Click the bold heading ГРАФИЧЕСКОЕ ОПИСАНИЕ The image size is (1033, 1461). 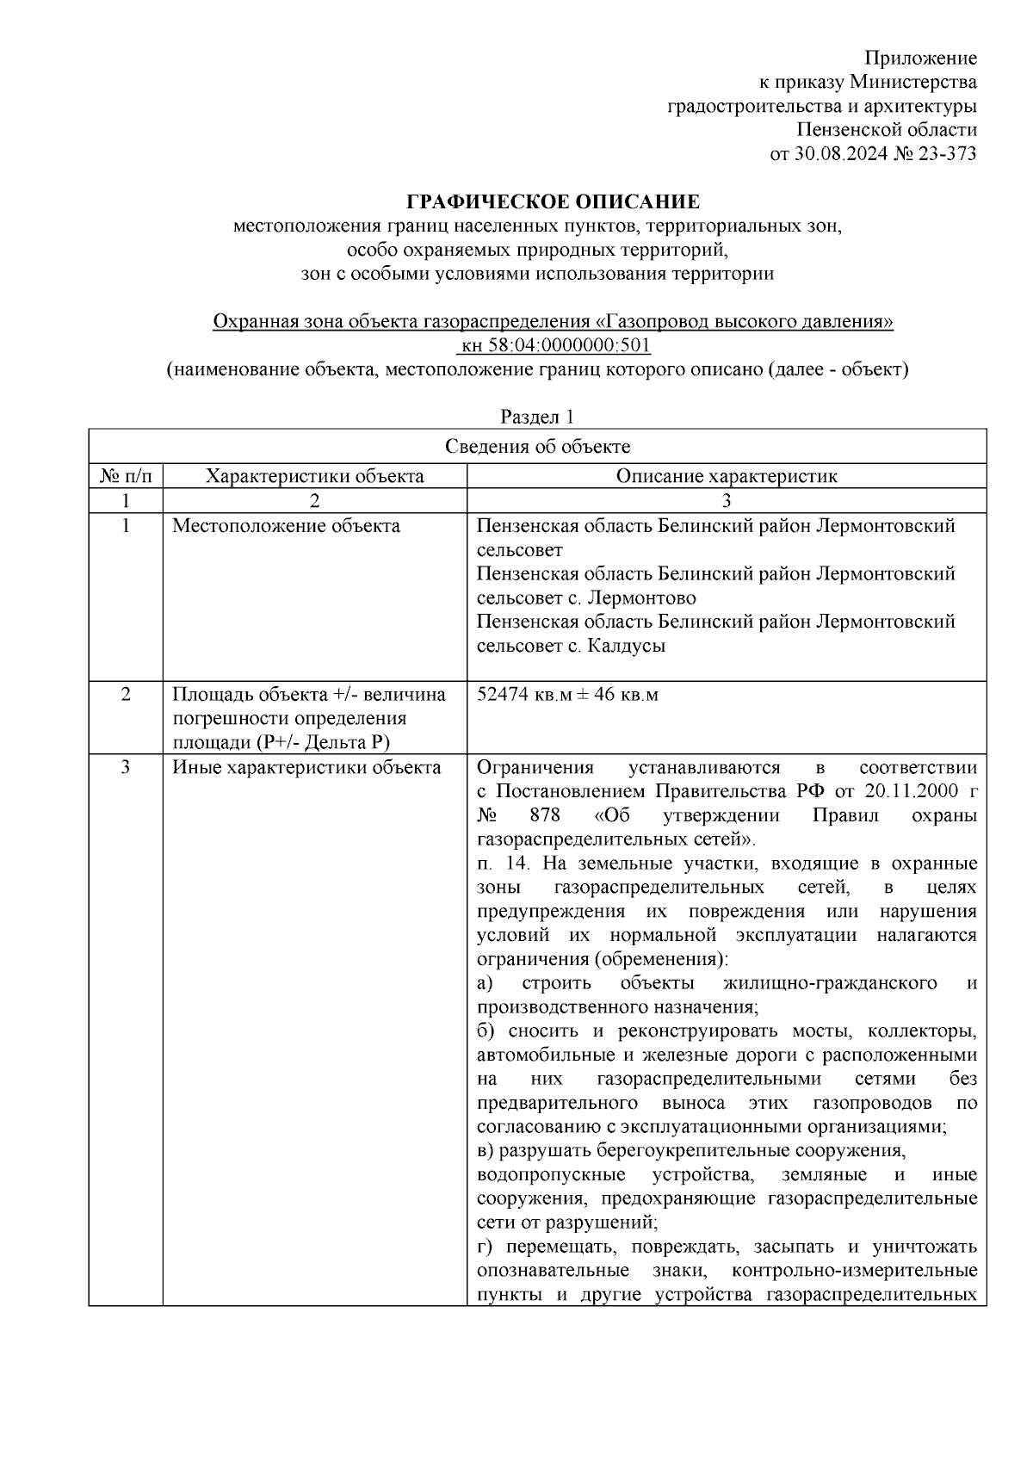tap(553, 202)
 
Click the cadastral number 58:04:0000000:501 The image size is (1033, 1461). tap(567, 345)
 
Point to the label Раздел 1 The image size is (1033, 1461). tap(537, 417)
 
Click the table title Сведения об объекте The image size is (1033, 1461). tap(537, 446)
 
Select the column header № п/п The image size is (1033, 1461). tap(126, 475)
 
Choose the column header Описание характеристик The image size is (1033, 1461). tap(726, 475)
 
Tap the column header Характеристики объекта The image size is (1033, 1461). tap(314, 475)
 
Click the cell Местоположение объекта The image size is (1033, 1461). tap(286, 526)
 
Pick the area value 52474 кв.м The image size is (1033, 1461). tap(524, 695)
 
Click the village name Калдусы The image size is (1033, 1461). tap(626, 646)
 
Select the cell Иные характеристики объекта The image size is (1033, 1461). tap(306, 767)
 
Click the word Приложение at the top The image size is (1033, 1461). tap(921, 58)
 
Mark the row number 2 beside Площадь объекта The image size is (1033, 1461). tap(126, 695)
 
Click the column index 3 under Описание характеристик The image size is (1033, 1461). tap(726, 501)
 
